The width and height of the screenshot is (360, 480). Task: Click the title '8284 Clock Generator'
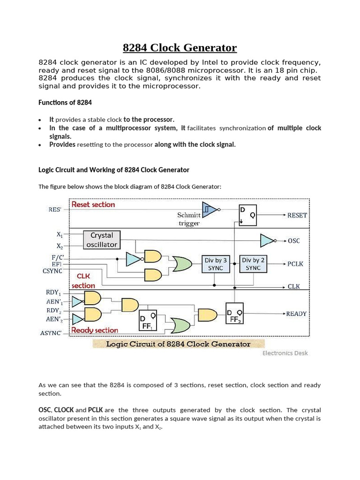[180, 48]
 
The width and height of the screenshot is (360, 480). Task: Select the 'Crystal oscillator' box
[102, 240]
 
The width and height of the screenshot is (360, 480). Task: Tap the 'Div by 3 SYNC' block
[215, 264]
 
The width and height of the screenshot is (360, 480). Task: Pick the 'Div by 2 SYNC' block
[253, 264]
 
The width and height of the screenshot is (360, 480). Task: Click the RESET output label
[297, 215]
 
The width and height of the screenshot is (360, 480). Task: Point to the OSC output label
[294, 241]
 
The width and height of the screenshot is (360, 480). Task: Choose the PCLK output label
[295, 264]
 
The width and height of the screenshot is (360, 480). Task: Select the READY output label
[296, 314]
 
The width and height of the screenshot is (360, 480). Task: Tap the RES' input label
[54, 210]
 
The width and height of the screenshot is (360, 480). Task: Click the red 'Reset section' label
[93, 205]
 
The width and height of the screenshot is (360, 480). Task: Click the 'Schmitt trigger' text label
[189, 219]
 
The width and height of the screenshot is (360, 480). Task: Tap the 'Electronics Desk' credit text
[285, 353]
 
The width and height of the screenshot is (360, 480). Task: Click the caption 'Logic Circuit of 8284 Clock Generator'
[178, 344]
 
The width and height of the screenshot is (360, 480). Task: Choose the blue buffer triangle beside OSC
[268, 240]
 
